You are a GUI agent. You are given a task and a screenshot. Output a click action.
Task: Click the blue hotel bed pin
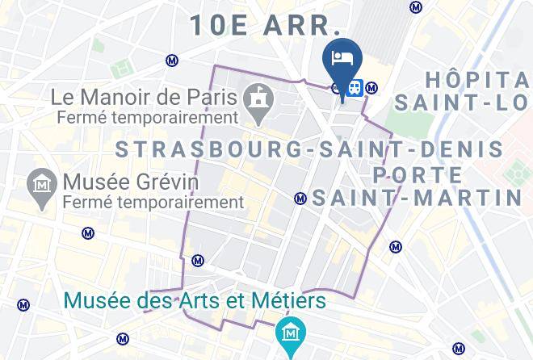pyautogui.click(x=342, y=59)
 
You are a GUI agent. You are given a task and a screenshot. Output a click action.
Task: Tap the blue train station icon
pyautogui.click(x=355, y=87)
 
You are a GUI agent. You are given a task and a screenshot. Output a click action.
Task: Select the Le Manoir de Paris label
pyautogui.click(x=144, y=98)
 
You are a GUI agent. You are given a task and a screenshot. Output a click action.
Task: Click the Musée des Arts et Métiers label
pyautogui.click(x=195, y=301)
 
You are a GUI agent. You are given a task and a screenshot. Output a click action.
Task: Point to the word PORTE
pyautogui.click(x=418, y=175)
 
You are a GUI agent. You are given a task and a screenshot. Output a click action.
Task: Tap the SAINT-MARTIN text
pyautogui.click(x=417, y=197)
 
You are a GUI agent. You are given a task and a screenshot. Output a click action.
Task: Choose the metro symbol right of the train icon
pyautogui.click(x=371, y=87)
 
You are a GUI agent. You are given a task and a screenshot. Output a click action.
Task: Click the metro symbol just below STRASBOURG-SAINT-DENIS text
pyautogui.click(x=300, y=198)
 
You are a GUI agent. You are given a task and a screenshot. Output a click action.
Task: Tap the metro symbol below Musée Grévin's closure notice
pyautogui.click(x=88, y=234)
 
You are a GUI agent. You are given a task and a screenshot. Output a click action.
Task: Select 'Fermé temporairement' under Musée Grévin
pyautogui.click(x=153, y=201)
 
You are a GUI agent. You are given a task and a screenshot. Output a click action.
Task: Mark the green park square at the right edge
pyautogui.click(x=515, y=172)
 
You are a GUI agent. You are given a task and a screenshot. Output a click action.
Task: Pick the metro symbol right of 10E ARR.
pyautogui.click(x=416, y=7)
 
